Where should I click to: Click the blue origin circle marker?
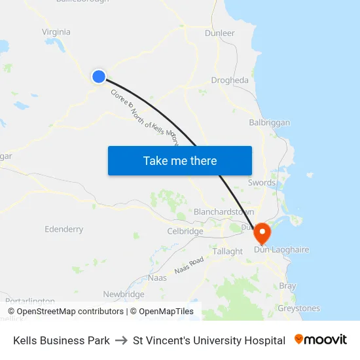pos(99,77)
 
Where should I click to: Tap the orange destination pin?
pos(262,233)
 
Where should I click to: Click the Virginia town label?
pos(56,32)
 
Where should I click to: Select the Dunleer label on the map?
pos(219,33)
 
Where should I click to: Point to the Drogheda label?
pos(230,81)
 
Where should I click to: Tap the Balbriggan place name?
pos(269,122)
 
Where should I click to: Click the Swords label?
pos(262,183)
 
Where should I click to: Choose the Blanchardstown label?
pos(223,212)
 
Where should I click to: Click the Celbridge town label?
pos(185,231)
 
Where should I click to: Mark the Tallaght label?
pos(228,251)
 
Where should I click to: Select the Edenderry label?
pos(63,229)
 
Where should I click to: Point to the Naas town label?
pos(157,278)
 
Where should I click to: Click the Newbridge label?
pos(124,295)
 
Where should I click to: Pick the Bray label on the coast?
pos(287,286)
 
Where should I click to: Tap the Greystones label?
pos(298,308)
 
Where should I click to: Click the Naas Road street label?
pos(189,265)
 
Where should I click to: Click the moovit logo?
pos(321,340)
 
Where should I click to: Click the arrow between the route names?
pos(121,340)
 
